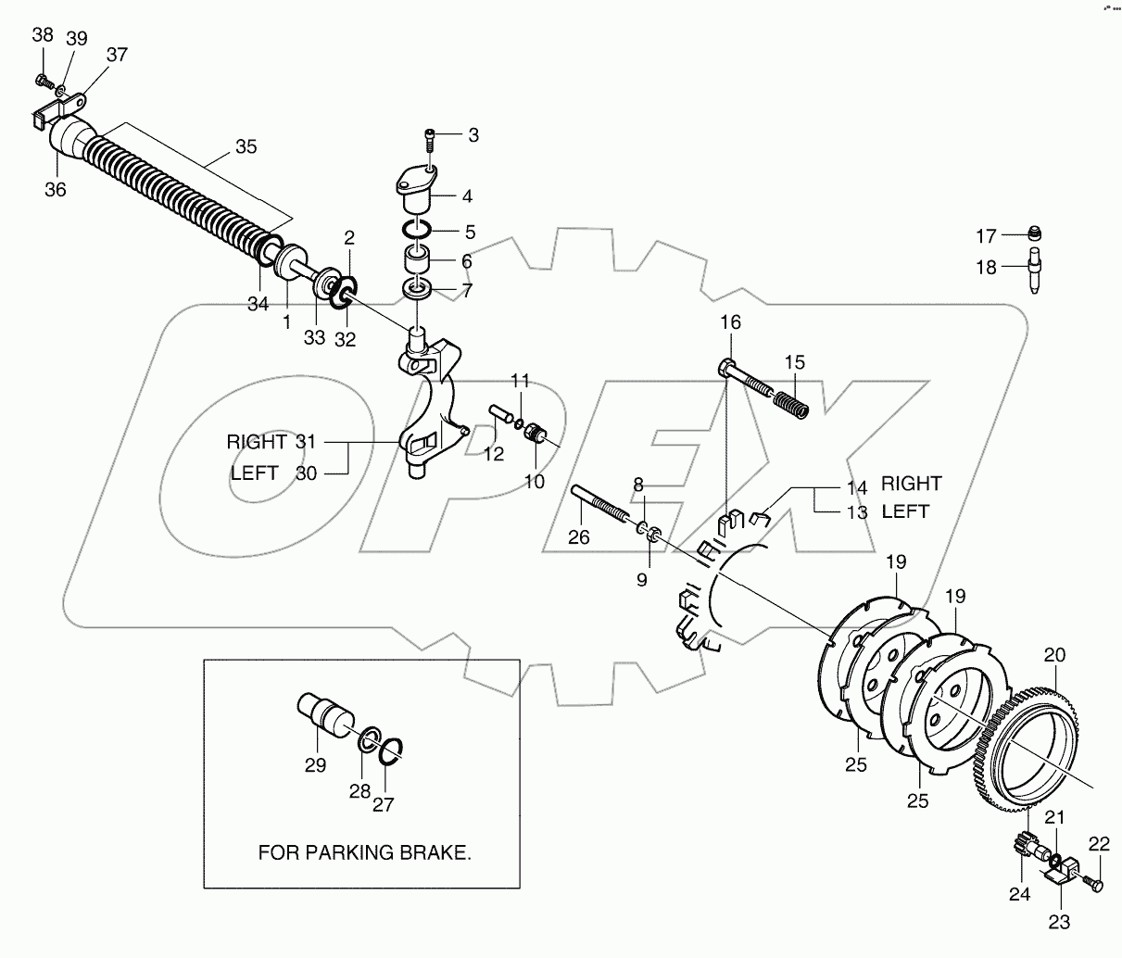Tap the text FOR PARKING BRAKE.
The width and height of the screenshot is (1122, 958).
[364, 852]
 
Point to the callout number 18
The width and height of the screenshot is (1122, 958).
[985, 268]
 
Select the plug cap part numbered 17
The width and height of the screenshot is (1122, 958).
[1038, 233]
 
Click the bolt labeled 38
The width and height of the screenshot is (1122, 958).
[43, 82]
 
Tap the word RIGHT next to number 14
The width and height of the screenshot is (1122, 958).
[911, 484]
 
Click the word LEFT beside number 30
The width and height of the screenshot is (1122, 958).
[254, 473]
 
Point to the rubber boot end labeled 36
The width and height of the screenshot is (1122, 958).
[62, 139]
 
